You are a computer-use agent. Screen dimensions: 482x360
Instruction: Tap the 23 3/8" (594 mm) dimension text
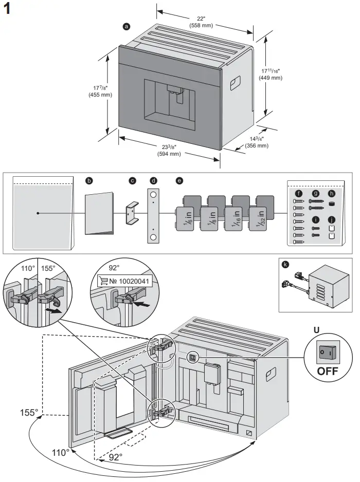click(169, 150)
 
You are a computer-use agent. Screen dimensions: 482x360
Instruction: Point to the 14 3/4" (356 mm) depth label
click(256, 142)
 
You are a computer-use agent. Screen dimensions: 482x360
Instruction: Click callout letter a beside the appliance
click(127, 26)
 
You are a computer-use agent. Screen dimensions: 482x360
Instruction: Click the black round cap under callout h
click(331, 203)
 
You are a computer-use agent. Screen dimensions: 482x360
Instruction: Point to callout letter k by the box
click(286, 265)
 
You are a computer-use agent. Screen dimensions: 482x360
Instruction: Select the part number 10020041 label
click(131, 281)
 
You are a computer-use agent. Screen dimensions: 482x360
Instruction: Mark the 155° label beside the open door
click(29, 412)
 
